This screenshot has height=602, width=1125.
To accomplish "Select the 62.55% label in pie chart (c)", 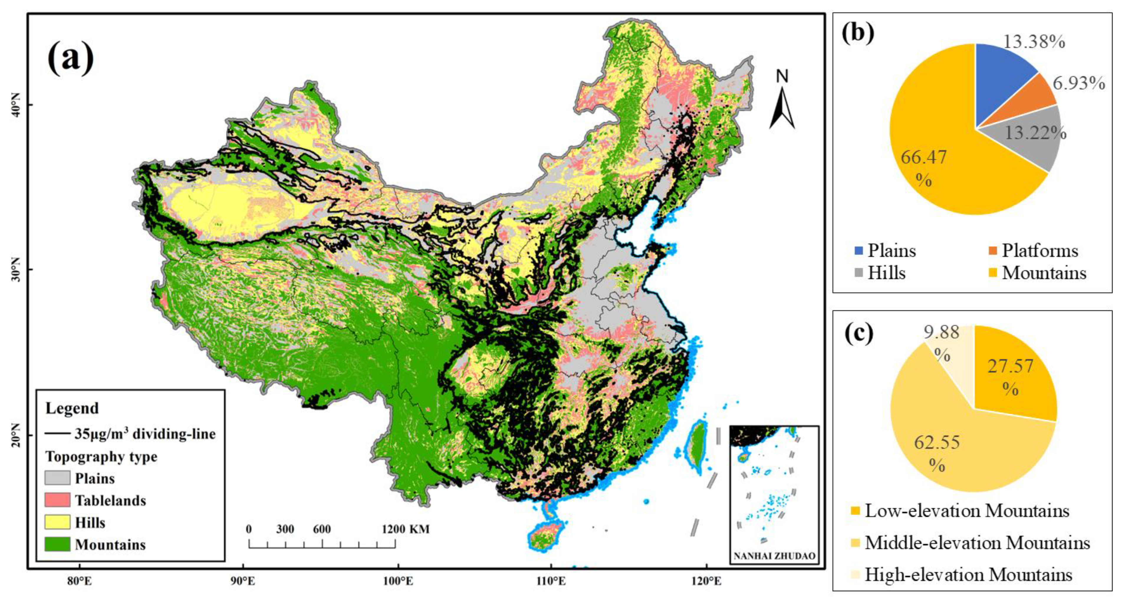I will point(937,452).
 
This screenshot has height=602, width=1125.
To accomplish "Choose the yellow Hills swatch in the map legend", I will point(57,522).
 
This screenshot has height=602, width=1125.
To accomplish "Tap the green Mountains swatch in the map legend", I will point(57,544).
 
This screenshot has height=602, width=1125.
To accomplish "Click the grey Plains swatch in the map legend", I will point(57,478).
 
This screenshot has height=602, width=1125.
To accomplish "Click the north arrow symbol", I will point(782,105).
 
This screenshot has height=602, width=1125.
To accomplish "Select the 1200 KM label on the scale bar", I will point(405,529).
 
